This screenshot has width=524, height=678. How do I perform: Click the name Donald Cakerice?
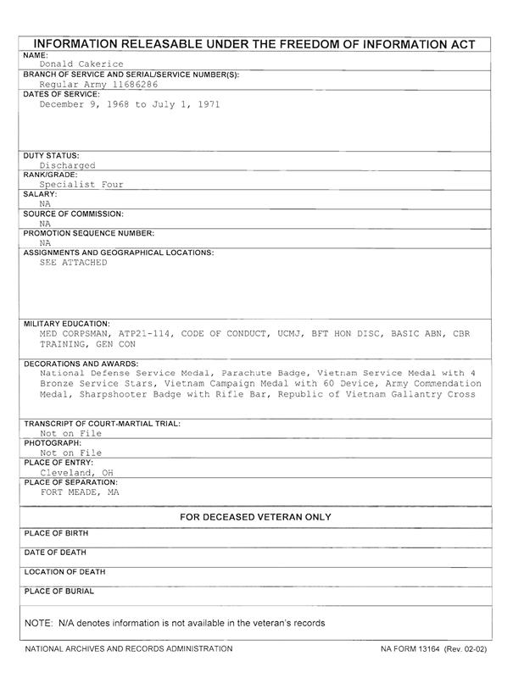pyautogui.click(x=81, y=64)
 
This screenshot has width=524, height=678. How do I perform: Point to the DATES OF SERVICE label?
pyautogui.click(x=61, y=94)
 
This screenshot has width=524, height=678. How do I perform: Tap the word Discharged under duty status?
pyautogui.click(x=67, y=166)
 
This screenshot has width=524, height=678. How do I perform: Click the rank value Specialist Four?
pyautogui.click(x=81, y=184)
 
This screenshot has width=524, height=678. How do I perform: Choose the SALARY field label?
pyautogui.click(x=40, y=194)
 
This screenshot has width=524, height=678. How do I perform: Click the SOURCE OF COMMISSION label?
pyautogui.click(x=73, y=214)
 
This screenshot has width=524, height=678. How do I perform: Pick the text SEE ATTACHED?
pyautogui.click(x=74, y=263)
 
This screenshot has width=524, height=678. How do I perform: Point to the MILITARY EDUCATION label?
pyautogui.click(x=66, y=324)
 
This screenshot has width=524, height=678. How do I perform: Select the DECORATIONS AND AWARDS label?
pyautogui.click(x=81, y=363)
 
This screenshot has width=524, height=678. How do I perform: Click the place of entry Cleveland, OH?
pyautogui.click(x=77, y=473)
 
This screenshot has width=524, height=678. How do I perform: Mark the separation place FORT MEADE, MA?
pyautogui.click(x=80, y=492)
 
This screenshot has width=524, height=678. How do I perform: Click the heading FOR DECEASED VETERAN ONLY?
pyautogui.click(x=255, y=517)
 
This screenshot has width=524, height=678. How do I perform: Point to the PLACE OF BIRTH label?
pyautogui.click(x=57, y=534)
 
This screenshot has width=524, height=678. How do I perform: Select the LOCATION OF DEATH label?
pyautogui.click(x=64, y=572)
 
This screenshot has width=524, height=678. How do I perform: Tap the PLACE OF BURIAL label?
pyautogui.click(x=59, y=592)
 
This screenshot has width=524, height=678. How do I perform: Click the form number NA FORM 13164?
pyautogui.click(x=411, y=649)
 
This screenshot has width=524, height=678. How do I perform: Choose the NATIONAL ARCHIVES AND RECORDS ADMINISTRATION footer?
pyautogui.click(x=128, y=649)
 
